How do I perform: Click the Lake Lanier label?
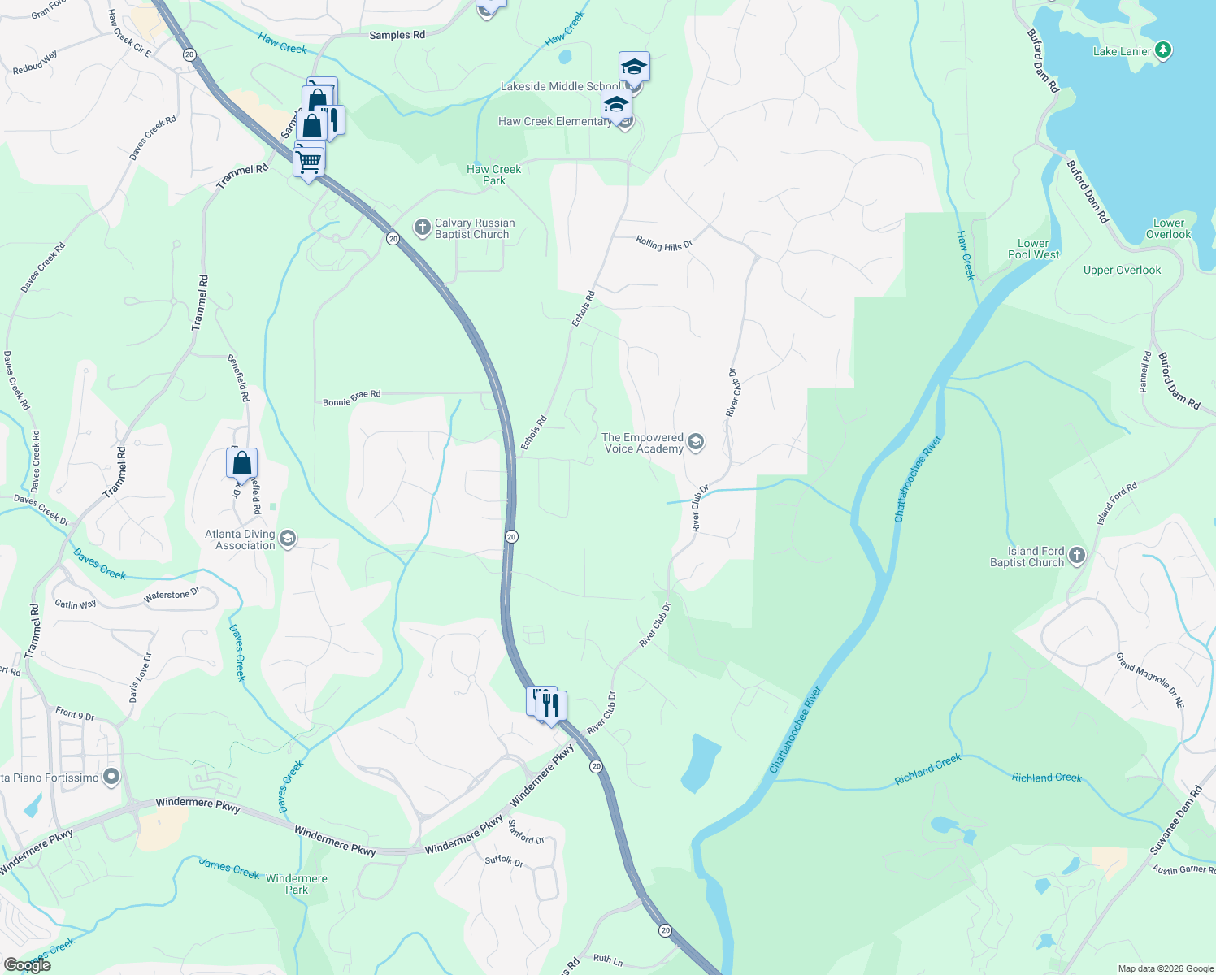coord(1122,51)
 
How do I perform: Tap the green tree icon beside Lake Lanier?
coord(1163,50)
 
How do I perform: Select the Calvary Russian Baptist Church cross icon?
coord(422,227)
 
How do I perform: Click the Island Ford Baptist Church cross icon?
coord(1077,556)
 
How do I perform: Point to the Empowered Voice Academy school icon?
coord(695,442)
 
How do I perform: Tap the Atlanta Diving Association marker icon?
coord(287,539)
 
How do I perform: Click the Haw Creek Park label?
coord(494,175)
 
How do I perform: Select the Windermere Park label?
coord(297,884)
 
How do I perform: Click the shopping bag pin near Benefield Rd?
coord(242,463)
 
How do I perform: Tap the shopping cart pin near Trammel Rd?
coord(309,161)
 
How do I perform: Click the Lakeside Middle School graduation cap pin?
coord(634,67)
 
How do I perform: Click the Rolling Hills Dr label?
coord(664,244)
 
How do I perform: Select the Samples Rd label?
coord(397,35)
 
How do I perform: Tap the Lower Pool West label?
coord(1033,249)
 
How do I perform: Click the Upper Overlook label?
coord(1122,270)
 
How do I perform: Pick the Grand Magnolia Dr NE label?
coord(1150,680)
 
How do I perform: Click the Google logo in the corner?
coord(27,964)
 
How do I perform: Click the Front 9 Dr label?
coord(75,713)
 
